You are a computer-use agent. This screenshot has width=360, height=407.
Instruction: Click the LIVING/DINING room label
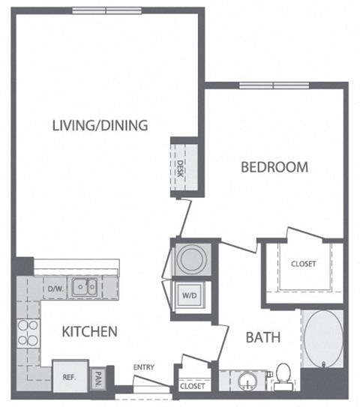pos(100,125)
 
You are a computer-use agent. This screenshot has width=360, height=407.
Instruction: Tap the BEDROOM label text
pos(274,167)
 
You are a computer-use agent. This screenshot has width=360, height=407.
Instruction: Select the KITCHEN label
pos(89,331)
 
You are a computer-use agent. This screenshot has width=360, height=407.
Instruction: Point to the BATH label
pos(263,337)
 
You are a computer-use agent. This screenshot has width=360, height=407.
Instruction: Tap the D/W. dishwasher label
pos(55,288)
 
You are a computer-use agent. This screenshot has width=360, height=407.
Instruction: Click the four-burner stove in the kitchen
pos(27,334)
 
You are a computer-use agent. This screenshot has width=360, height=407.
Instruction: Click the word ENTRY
pos(143,367)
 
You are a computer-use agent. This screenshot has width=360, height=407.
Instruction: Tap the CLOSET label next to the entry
pos(191,388)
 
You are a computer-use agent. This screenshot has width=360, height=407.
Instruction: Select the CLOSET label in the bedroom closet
pos(304,264)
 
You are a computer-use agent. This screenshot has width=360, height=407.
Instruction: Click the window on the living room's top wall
pos(106,10)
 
